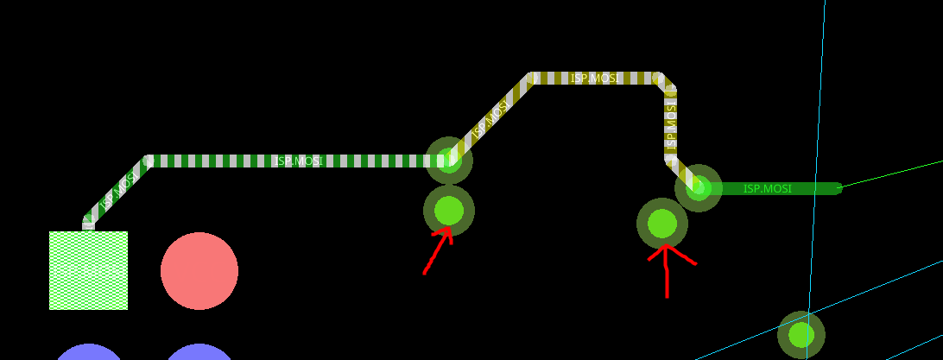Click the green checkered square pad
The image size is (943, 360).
tap(88, 270)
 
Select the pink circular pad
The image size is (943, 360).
tap(199, 271)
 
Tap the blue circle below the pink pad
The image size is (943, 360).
tap(199, 353)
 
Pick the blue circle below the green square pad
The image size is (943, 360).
tap(89, 353)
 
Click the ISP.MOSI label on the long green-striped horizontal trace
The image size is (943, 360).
tap(298, 161)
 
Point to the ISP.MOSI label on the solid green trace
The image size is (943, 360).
tap(767, 189)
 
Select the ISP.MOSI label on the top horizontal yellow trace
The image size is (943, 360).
tap(594, 79)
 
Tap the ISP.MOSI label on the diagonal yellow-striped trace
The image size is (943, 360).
tap(490, 120)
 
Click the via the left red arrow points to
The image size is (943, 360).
tap(449, 210)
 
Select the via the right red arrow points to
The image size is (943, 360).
tap(662, 223)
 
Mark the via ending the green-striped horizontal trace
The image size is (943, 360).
tap(449, 160)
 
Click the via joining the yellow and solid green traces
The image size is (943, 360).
tap(698, 187)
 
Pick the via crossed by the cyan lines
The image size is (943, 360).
tap(801, 335)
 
